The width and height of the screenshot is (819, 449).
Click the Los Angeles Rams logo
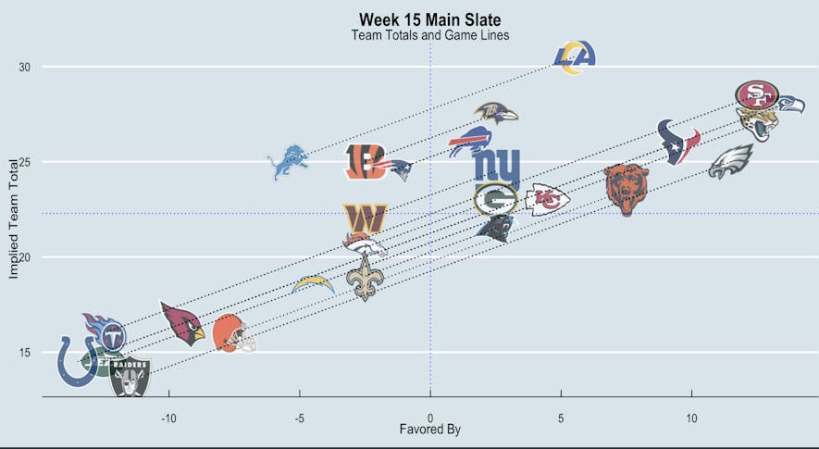[575, 57]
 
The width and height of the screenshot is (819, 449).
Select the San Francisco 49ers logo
[757, 94]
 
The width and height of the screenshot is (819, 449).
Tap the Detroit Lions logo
[287, 162]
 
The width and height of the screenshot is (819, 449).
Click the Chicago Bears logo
[627, 189]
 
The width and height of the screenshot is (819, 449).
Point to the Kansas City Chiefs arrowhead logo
[548, 198]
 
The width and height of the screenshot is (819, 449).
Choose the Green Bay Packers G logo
[495, 199]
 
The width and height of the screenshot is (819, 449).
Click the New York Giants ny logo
[497, 167]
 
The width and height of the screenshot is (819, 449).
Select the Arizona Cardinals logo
[182, 323]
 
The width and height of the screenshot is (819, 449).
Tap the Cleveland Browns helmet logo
[233, 334]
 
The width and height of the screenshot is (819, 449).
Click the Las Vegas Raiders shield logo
[130, 377]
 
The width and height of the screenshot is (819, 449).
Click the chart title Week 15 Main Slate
[430, 19]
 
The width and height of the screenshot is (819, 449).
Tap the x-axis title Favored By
[429, 430]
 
